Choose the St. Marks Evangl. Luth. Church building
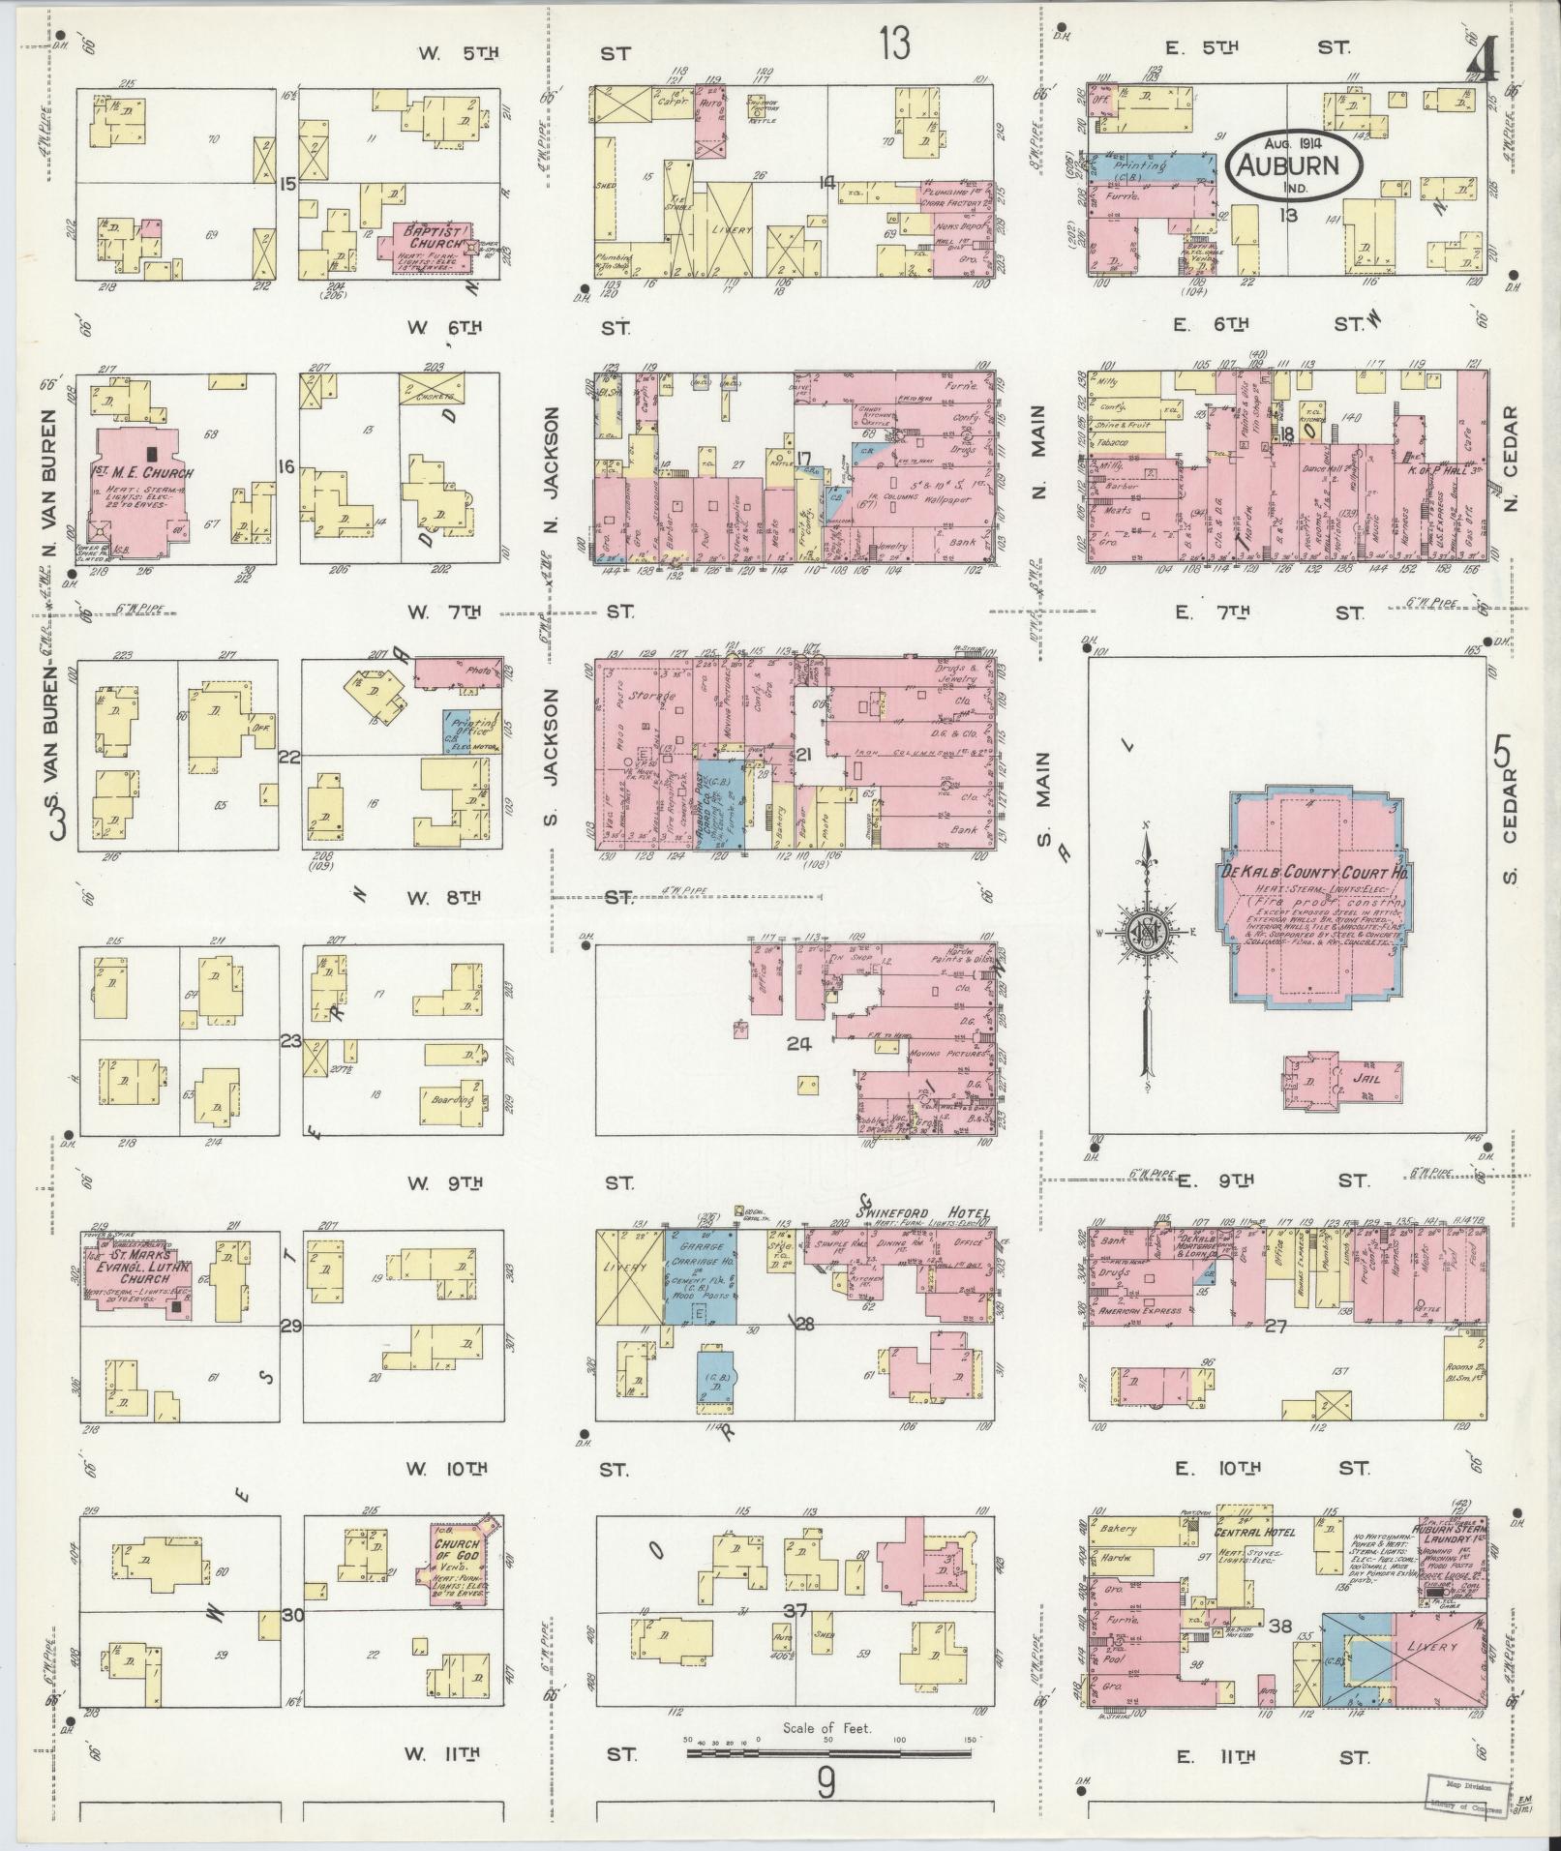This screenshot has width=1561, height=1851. tap(138, 1280)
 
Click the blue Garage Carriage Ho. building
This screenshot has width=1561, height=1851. tap(699, 1277)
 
